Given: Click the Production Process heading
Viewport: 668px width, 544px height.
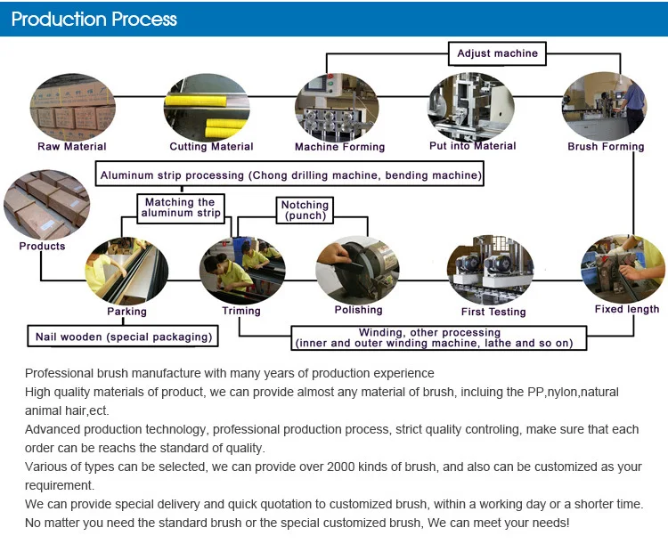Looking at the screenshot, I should tap(94, 19).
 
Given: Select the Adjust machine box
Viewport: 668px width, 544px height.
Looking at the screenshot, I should tap(497, 53).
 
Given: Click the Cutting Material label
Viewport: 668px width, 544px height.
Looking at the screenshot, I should tap(211, 147).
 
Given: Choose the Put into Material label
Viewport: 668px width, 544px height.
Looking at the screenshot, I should tap(472, 146).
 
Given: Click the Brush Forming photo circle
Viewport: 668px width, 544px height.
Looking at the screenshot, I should tap(604, 107).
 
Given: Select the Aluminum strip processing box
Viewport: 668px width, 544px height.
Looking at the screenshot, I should tap(290, 175).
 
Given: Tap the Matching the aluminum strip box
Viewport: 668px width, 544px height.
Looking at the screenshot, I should tap(182, 208).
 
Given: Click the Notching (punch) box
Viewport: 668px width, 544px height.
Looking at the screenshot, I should tap(305, 210).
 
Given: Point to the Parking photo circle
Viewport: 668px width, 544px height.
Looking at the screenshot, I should tap(126, 268).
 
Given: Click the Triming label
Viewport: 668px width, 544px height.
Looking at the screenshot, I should tap(241, 311).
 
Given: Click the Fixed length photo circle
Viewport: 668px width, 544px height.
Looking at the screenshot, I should tap(623, 268).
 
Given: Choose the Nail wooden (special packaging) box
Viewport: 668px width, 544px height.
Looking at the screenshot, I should tap(124, 337).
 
